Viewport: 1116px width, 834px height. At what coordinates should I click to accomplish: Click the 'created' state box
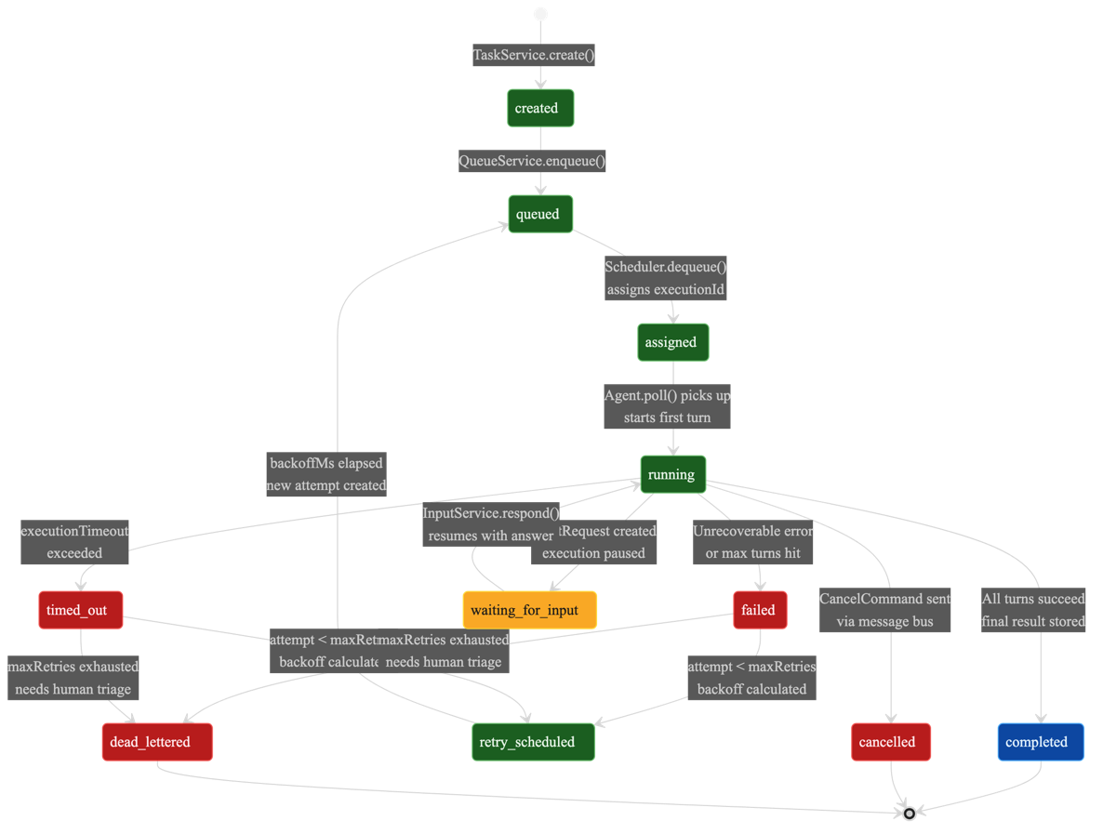point(540,108)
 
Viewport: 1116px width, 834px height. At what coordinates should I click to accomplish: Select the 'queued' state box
point(540,214)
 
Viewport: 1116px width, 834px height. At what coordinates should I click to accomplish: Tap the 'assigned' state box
point(672,342)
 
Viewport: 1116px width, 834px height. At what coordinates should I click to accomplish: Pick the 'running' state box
point(672,474)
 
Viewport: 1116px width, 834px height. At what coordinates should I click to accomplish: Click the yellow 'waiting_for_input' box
point(530,610)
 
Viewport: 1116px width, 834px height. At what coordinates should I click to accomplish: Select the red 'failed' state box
point(760,610)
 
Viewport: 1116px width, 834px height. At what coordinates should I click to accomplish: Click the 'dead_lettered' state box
point(156,742)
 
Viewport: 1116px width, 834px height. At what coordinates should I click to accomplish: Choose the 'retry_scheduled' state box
point(533,742)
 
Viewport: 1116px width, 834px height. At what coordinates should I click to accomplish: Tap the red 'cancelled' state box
point(890,742)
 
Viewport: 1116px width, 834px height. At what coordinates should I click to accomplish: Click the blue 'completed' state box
point(1040,742)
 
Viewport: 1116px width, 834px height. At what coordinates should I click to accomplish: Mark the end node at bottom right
point(910,813)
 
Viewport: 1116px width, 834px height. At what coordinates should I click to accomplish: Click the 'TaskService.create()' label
point(534,55)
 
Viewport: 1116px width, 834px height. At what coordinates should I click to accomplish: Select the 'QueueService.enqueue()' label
point(533,161)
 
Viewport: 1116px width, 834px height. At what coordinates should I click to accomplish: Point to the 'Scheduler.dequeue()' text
point(665,266)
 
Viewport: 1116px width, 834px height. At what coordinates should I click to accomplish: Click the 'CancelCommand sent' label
point(884,598)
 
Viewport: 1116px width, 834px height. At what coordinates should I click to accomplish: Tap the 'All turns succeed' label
point(1033,598)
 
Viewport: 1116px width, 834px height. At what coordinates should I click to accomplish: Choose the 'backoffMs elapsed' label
point(325,462)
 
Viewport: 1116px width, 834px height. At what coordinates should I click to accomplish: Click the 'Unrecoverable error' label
point(753,531)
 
